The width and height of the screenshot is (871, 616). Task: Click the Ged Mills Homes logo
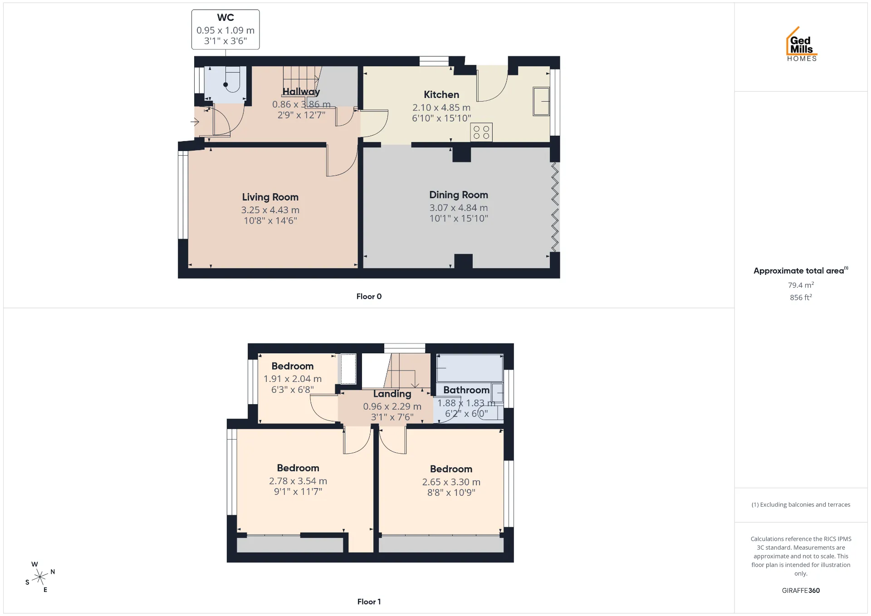click(x=802, y=44)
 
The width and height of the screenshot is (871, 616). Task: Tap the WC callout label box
click(x=225, y=29)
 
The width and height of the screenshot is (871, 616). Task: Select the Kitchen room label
click(x=441, y=94)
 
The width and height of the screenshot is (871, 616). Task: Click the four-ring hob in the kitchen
click(x=481, y=132)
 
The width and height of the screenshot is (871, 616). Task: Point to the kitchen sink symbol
click(x=541, y=101)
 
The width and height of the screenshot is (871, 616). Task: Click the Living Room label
click(x=270, y=197)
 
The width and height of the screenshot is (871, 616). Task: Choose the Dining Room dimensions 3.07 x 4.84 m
click(x=459, y=208)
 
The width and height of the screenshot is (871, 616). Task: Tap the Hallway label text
click(x=301, y=92)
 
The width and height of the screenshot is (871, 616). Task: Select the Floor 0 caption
click(x=369, y=296)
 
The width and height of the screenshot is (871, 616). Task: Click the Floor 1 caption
click(x=369, y=601)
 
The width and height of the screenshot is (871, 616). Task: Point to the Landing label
click(x=392, y=394)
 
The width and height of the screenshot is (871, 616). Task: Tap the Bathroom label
click(x=466, y=390)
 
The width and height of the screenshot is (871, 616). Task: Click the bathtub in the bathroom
click(x=470, y=368)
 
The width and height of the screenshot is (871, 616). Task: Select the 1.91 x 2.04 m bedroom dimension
click(x=293, y=379)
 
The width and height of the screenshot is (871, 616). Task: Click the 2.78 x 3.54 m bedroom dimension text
click(x=298, y=481)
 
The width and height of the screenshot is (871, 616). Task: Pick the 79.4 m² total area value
click(x=801, y=285)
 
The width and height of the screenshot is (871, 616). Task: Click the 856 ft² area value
click(x=801, y=298)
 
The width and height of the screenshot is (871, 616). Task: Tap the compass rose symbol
click(x=40, y=577)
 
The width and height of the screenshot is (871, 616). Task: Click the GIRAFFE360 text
click(x=801, y=591)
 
